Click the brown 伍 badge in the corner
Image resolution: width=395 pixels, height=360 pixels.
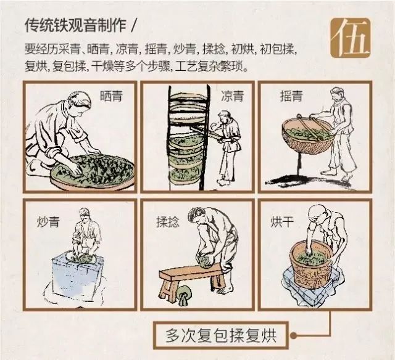(x=351, y=38)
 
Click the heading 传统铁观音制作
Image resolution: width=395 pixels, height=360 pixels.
(x=75, y=25)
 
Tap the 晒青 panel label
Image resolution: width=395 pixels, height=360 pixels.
(x=111, y=96)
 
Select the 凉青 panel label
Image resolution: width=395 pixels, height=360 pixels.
(x=232, y=96)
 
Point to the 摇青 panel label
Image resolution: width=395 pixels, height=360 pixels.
(x=291, y=96)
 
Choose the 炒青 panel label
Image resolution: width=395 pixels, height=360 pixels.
(x=48, y=222)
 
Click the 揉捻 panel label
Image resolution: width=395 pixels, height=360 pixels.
(x=168, y=222)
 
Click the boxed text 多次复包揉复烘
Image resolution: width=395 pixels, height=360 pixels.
(x=221, y=335)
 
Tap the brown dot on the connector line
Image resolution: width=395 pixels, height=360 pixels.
(x=293, y=335)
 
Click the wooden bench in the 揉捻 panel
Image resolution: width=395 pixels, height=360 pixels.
(x=192, y=282)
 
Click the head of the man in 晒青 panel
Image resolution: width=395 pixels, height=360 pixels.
(x=80, y=103)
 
